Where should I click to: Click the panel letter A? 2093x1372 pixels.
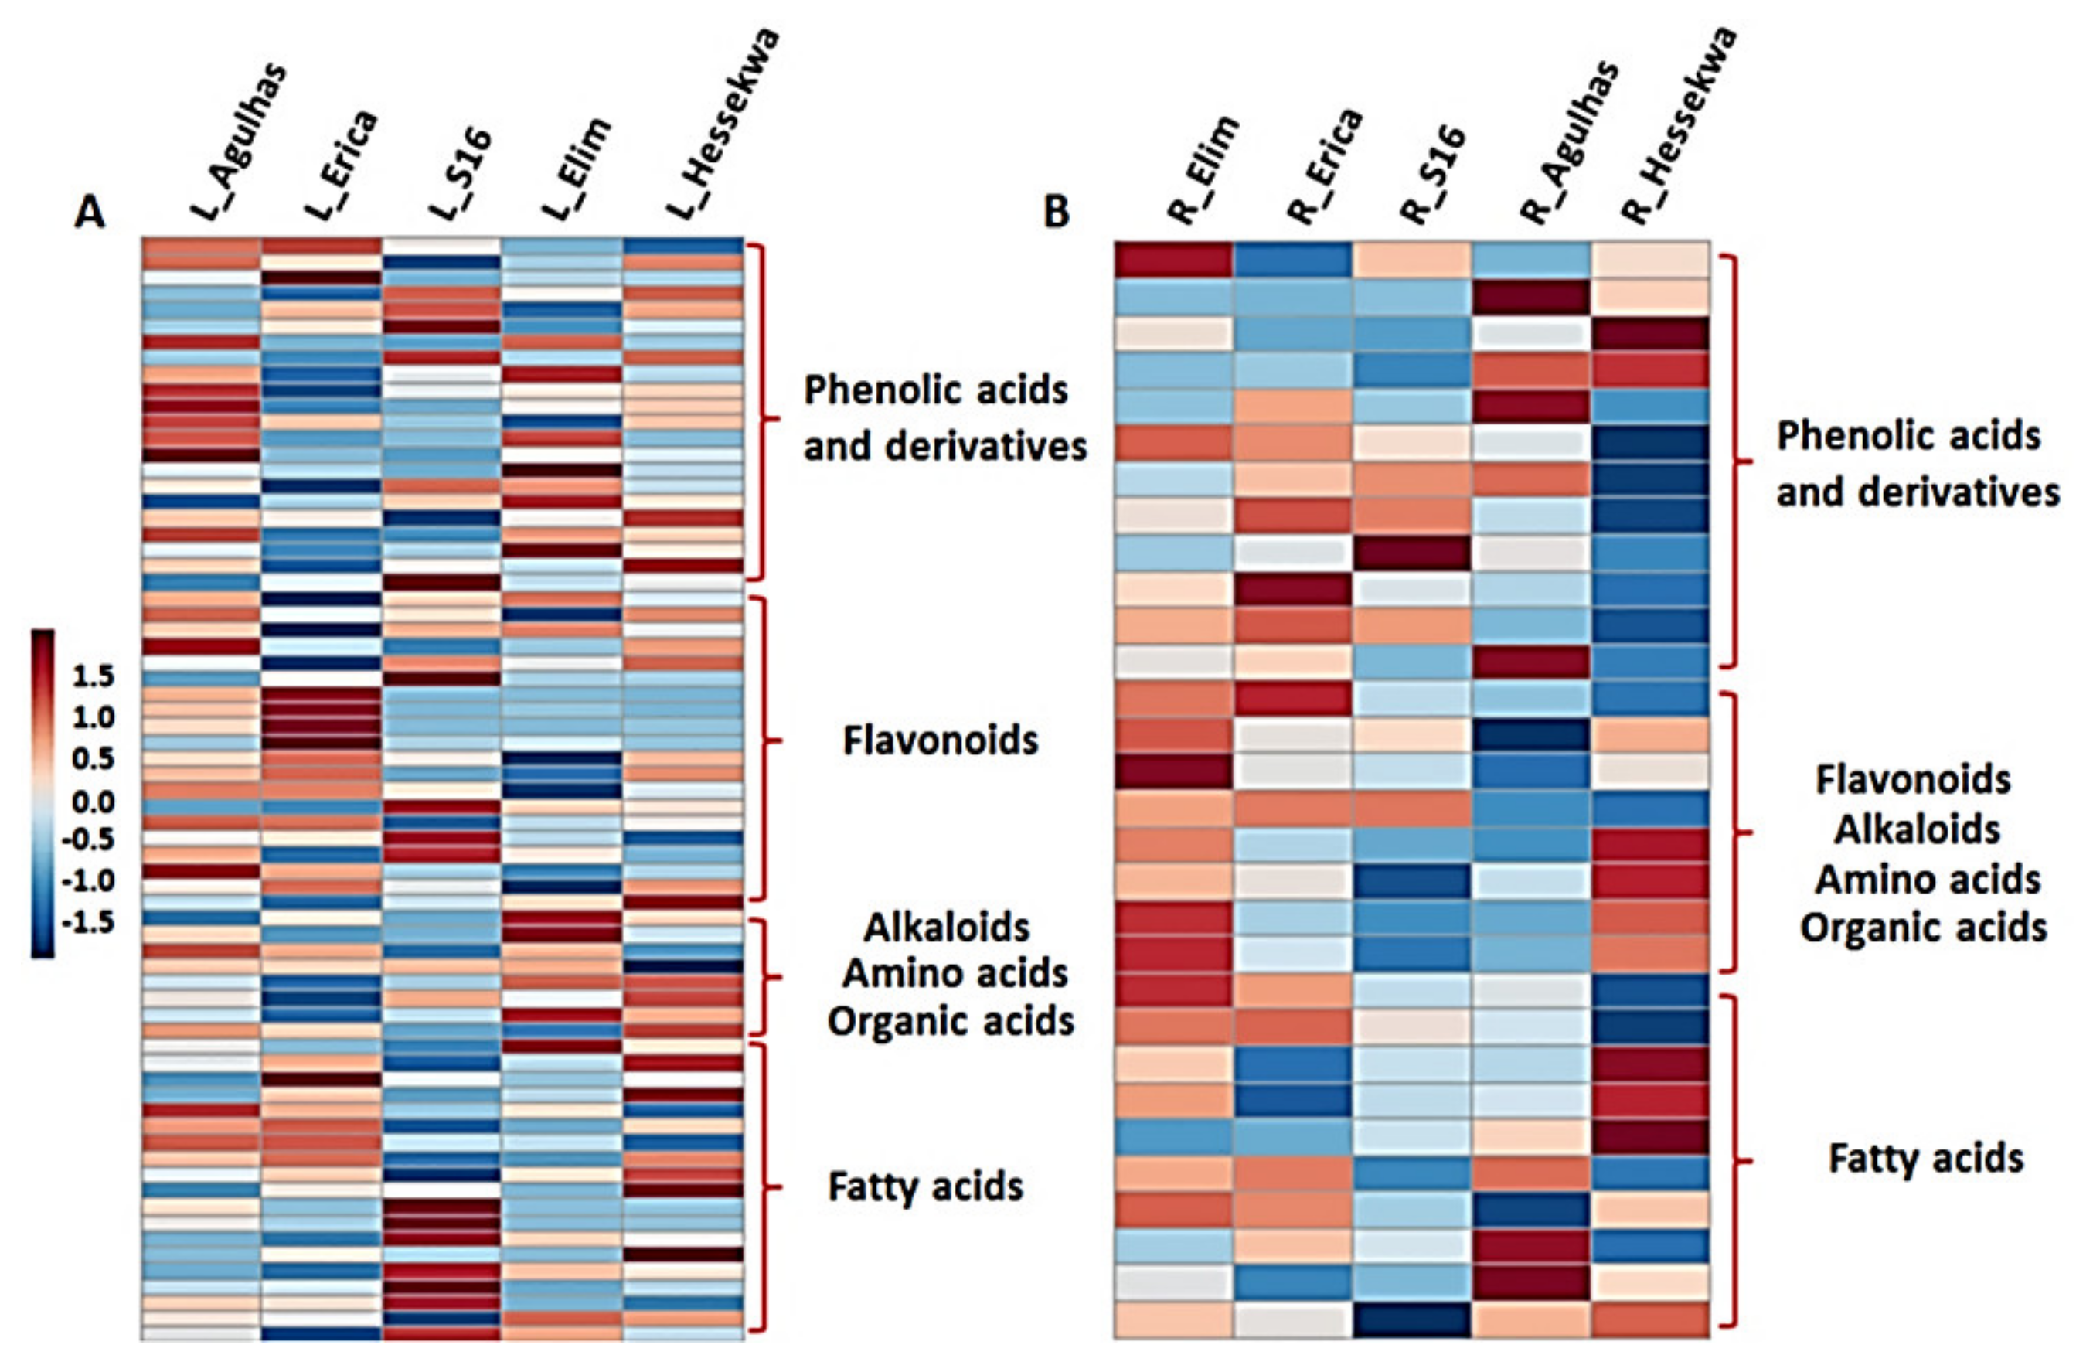pos(89,212)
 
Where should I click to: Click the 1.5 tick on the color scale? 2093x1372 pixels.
pos(92,676)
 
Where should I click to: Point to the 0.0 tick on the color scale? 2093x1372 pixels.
pos(92,802)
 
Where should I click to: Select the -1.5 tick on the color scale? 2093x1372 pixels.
pos(88,921)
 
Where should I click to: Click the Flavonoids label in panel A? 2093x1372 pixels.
pos(940,740)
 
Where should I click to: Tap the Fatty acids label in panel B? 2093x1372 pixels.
pos(1926,1159)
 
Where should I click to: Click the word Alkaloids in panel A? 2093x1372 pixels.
pos(946,927)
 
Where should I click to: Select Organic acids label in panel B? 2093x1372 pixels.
pos(1922,928)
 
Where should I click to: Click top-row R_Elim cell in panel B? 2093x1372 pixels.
pos(1173,260)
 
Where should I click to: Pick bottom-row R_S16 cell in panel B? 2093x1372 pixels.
pos(1411,1319)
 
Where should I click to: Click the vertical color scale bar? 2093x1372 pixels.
pos(43,792)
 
